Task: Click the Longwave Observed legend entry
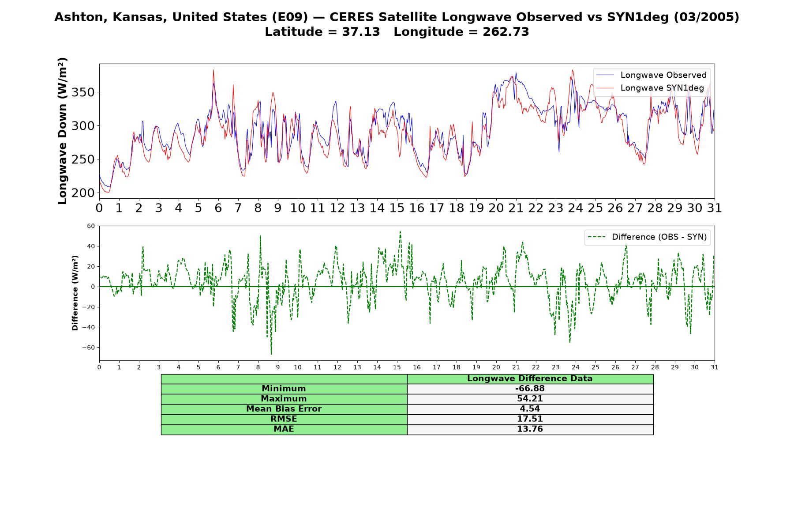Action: [651, 75]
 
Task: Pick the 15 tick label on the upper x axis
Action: [397, 208]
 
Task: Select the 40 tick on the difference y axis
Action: [91, 246]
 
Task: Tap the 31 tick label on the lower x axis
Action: [715, 367]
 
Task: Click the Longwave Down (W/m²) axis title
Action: [63, 131]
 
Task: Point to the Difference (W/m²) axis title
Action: [75, 293]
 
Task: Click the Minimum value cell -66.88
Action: [530, 389]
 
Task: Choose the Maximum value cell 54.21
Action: [530, 399]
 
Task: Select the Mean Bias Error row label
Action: [284, 409]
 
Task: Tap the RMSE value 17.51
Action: [530, 419]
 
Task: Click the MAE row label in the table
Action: [284, 429]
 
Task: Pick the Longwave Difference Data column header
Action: [530, 379]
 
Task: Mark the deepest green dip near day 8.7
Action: [271, 354]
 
